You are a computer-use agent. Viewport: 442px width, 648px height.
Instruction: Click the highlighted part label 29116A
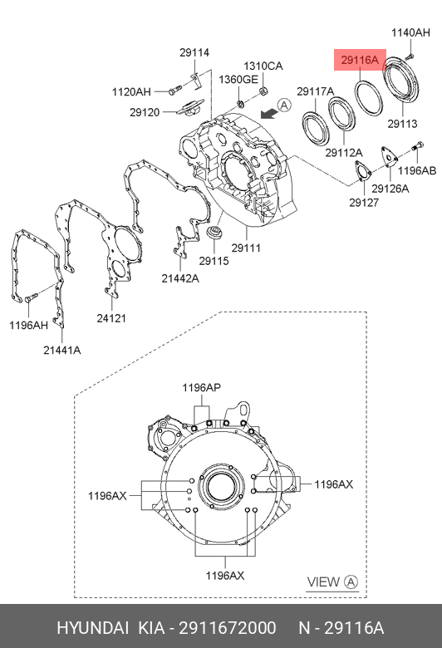(360, 61)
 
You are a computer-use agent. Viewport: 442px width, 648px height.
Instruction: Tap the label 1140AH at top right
(410, 32)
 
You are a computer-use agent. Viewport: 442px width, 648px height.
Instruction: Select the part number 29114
(194, 52)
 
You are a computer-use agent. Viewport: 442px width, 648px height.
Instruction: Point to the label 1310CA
(263, 66)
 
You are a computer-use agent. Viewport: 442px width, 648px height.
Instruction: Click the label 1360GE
(238, 80)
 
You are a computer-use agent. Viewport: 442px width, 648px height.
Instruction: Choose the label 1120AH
(131, 91)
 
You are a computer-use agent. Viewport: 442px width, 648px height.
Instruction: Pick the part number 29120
(145, 112)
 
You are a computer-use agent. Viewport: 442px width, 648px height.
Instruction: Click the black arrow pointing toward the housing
(268, 113)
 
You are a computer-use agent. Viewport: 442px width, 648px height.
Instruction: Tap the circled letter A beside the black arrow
(284, 106)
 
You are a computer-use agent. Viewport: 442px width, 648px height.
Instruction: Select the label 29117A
(315, 91)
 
